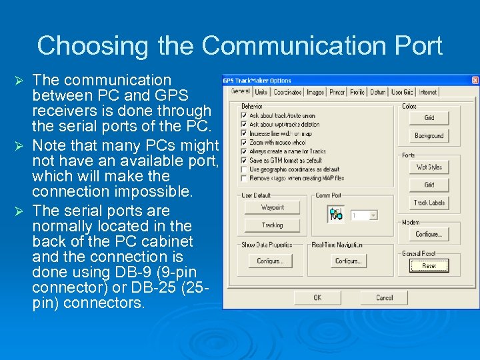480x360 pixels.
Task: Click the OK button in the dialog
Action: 317,297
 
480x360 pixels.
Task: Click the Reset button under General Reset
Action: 429,265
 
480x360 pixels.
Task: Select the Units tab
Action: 261,92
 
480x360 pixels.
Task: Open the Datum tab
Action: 378,92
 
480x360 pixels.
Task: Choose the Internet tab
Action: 428,92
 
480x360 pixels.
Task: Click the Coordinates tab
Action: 287,92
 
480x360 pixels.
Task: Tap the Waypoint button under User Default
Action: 272,207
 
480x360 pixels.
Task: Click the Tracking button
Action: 272,225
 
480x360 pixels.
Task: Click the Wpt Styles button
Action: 429,167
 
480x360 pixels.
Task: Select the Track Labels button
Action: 429,203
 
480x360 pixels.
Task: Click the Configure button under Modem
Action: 429,234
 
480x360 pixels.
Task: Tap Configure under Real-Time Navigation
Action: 348,261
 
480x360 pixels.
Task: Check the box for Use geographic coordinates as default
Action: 244,169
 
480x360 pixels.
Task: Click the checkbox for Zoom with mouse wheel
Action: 244,142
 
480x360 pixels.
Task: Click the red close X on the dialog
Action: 475,81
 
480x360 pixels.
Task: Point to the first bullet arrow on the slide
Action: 20,81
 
